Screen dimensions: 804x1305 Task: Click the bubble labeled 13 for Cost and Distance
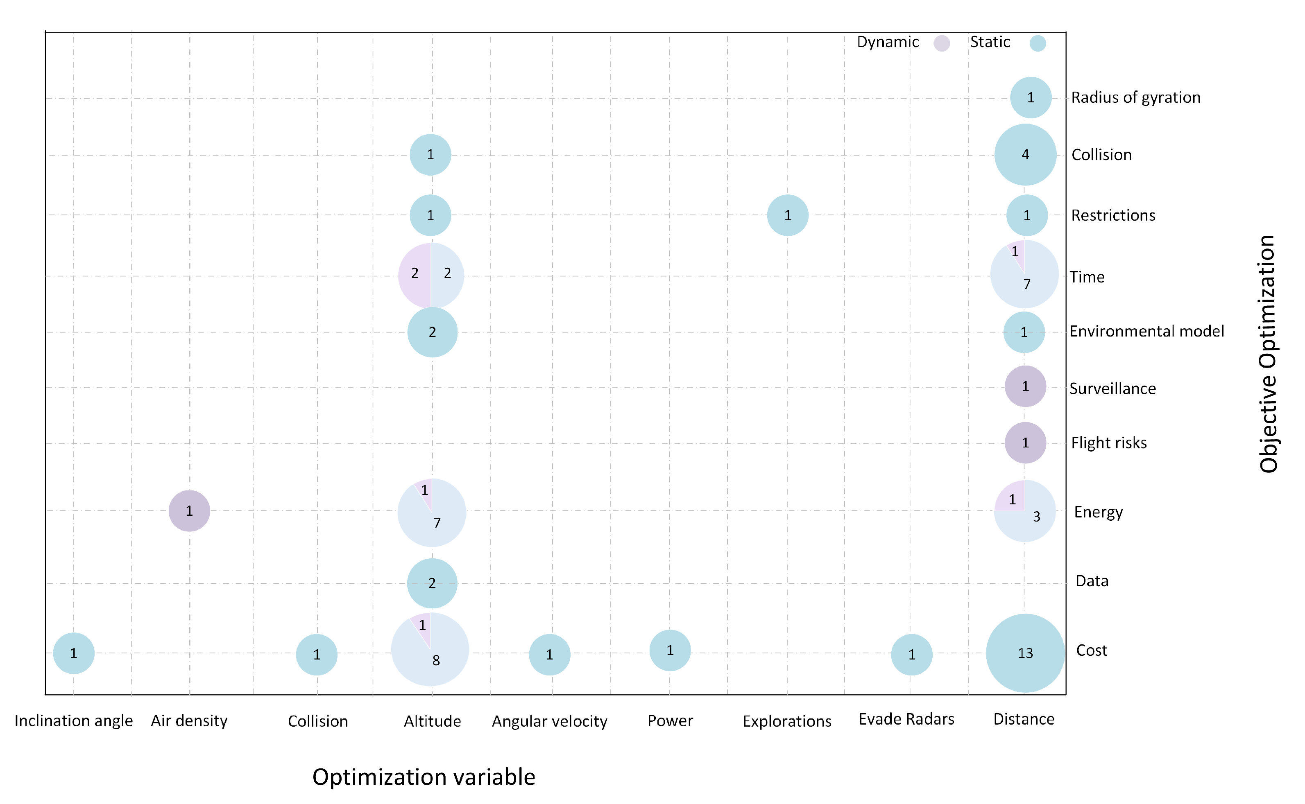point(1025,653)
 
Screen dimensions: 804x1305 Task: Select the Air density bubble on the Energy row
point(189,510)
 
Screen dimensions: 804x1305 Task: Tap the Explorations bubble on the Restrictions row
point(787,215)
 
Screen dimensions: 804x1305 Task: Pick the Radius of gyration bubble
point(1031,97)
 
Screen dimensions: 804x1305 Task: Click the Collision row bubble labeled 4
point(1025,155)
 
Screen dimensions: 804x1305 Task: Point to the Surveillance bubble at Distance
point(1025,386)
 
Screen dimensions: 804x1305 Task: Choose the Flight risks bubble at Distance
point(1025,443)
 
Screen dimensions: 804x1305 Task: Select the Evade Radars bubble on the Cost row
point(911,655)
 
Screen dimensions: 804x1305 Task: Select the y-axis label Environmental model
point(1146,331)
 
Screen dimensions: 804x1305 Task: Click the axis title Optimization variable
point(424,777)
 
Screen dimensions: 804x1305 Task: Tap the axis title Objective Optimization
point(1268,354)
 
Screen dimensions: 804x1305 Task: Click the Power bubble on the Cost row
point(670,650)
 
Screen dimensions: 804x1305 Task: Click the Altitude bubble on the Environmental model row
point(432,332)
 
